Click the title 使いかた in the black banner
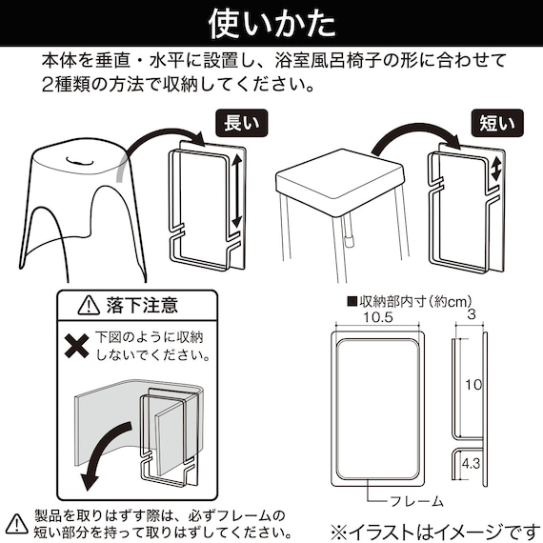[x=271, y=21]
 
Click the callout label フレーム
[x=414, y=500]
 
